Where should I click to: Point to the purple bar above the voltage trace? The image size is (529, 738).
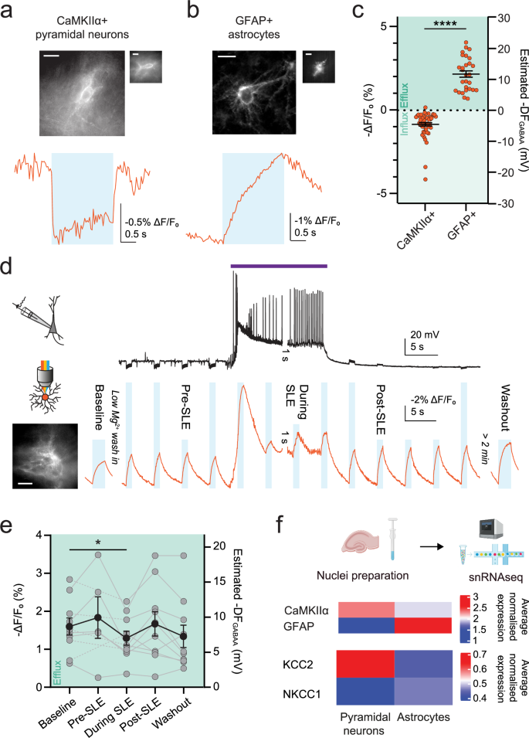tap(279, 265)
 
